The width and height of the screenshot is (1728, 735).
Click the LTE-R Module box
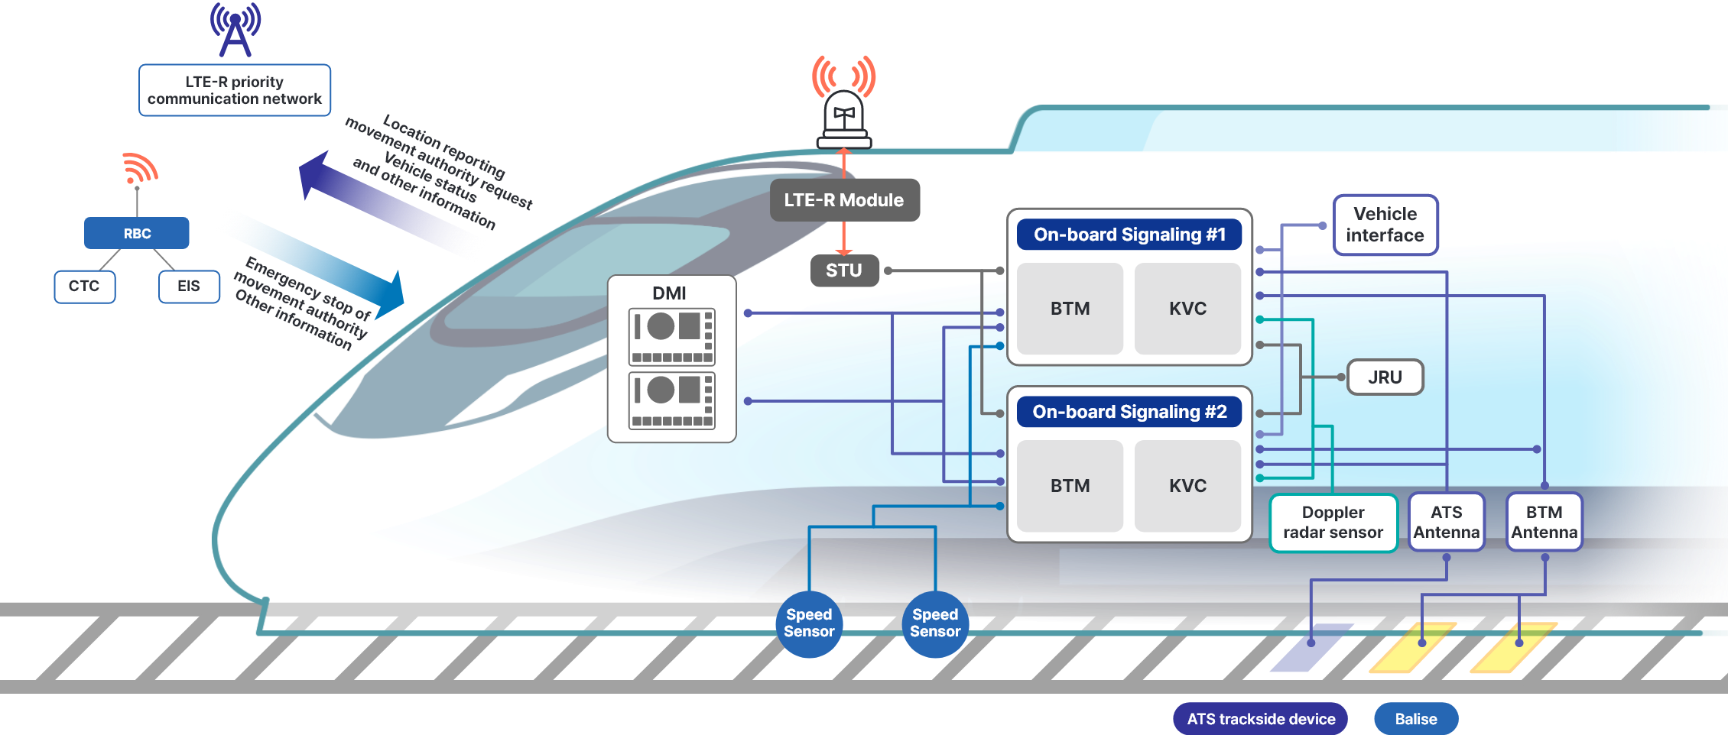pyautogui.click(x=844, y=200)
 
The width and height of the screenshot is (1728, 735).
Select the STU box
pyautogui.click(x=844, y=270)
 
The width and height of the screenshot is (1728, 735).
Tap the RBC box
pyautogui.click(x=137, y=233)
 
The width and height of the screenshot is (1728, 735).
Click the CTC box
pyautogui.click(x=84, y=287)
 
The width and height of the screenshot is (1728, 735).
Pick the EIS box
pyautogui.click(x=189, y=287)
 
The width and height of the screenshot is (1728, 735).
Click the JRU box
pyautogui.click(x=1385, y=377)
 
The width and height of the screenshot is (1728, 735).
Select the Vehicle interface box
pyautogui.click(x=1385, y=225)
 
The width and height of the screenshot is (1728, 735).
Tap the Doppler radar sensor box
pyautogui.click(x=1333, y=523)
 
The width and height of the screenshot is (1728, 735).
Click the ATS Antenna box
pyautogui.click(x=1446, y=523)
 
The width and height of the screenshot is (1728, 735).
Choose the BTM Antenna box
pyautogui.click(x=1544, y=523)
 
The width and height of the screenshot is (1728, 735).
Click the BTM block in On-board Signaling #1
pyautogui.click(x=1070, y=309)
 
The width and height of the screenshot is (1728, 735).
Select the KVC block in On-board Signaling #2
pyautogui.click(x=1187, y=486)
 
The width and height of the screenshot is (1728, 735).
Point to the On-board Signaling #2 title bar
pyautogui.click(x=1129, y=412)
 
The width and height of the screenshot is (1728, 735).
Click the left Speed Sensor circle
pyautogui.click(x=809, y=623)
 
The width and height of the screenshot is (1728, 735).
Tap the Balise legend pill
pyautogui.click(x=1415, y=719)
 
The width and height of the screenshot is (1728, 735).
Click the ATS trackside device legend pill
pyautogui.click(x=1261, y=719)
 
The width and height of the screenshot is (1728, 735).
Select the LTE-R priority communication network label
pyautogui.click(x=235, y=90)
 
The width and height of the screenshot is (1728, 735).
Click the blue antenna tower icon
pyautogui.click(x=235, y=30)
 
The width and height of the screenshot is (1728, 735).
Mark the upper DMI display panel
pyautogui.click(x=671, y=336)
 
